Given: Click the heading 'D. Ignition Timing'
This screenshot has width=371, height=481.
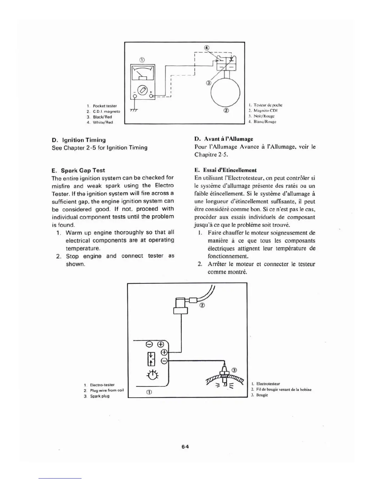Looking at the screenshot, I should pyautogui.click(x=79, y=140).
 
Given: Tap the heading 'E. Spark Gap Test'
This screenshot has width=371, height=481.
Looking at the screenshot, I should pyautogui.click(x=79, y=170).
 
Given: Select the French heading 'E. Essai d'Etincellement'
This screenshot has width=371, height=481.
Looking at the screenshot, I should pyautogui.click(x=226, y=170).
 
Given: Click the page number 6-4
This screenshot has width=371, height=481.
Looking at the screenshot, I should pyautogui.click(x=185, y=447).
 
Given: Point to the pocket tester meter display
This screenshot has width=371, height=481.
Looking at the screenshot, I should pyautogui.click(x=142, y=73).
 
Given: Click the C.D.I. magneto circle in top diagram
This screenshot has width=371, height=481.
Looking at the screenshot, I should pyautogui.click(x=226, y=90).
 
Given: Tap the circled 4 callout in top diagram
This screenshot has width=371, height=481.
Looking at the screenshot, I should pyautogui.click(x=207, y=48).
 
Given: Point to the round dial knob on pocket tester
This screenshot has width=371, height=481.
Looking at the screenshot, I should pyautogui.click(x=142, y=90).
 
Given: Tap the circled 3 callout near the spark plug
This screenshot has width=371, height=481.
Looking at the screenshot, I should pyautogui.click(x=234, y=370).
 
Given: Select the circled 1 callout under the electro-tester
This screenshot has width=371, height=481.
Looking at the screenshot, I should pyautogui.click(x=149, y=392).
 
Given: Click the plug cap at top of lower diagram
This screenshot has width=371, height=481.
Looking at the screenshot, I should pyautogui.click(x=181, y=305).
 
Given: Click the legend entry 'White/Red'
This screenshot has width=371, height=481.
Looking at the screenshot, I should pyautogui.click(x=103, y=122).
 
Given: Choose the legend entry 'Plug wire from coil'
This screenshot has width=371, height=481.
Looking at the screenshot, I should pyautogui.click(x=107, y=390).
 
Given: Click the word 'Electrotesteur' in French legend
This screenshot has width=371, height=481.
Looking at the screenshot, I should pyautogui.click(x=268, y=384).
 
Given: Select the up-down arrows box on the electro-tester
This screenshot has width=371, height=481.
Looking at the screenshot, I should pyautogui.click(x=151, y=359).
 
